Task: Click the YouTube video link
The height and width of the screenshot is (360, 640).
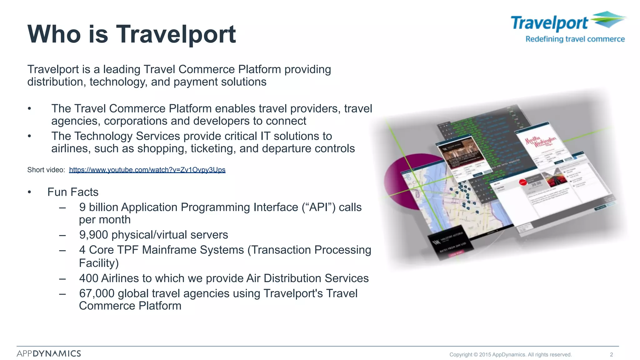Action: pos(147,170)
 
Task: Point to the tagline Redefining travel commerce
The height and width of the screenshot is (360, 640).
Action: pos(575,39)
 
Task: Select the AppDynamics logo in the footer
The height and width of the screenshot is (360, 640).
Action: pos(49,353)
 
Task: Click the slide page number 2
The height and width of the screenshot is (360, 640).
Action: pos(611,354)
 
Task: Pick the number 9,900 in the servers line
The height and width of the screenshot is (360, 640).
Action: pos(93,235)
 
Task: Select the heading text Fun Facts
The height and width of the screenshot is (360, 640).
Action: pos(73,192)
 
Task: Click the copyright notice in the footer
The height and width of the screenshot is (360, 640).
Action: pos(510,354)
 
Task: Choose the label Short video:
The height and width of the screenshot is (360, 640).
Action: pos(46,170)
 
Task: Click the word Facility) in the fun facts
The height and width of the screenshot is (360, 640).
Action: pos(99,263)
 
